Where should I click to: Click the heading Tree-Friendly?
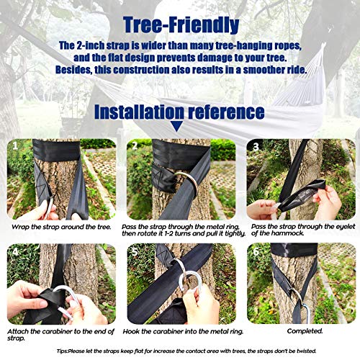click(181, 24)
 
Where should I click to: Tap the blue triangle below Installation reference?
click(176, 126)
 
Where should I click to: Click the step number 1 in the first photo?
click(15, 145)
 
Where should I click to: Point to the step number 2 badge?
click(135, 145)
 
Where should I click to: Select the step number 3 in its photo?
click(256, 146)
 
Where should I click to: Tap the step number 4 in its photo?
click(15, 251)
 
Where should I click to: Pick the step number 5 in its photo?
click(135, 251)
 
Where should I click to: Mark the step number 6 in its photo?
click(256, 251)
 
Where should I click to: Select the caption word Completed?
click(305, 331)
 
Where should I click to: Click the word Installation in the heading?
click(139, 112)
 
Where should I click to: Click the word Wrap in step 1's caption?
click(19, 227)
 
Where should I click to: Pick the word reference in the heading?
click(226, 112)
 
